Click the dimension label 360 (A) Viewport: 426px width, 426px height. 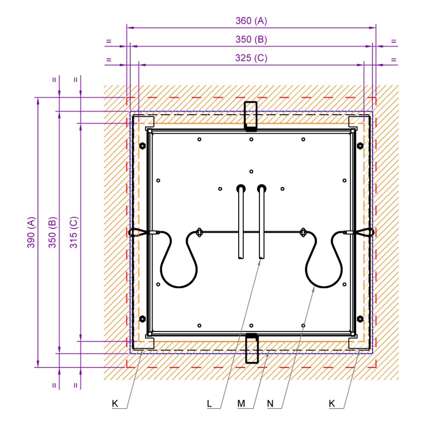tap(251, 21)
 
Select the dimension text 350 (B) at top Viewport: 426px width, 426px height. tap(251, 39)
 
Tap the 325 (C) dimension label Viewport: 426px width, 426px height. tap(251, 58)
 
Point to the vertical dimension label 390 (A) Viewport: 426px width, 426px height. tap(31, 232)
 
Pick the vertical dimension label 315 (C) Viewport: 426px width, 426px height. tap(74, 232)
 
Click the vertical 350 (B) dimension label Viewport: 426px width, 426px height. tap(52, 232)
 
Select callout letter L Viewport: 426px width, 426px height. tap(209, 404)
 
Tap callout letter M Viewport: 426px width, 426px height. tap(241, 404)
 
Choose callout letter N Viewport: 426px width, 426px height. tap(270, 404)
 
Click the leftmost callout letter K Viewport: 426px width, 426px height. tap(115, 404)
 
